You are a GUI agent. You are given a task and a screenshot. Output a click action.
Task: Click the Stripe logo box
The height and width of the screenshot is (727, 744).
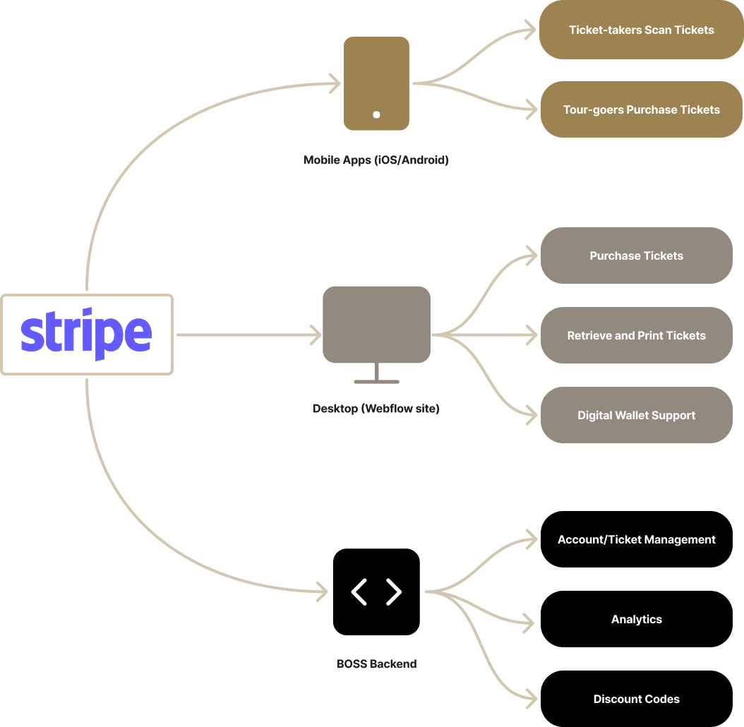click(x=87, y=335)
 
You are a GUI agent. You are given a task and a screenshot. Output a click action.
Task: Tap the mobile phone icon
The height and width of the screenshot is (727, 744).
click(x=376, y=83)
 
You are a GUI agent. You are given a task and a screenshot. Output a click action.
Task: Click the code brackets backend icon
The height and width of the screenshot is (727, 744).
click(x=376, y=591)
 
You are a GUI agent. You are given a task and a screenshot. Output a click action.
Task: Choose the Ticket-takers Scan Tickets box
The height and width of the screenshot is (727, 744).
click(x=641, y=30)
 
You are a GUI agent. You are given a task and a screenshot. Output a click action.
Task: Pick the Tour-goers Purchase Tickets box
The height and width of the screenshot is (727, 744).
click(x=641, y=109)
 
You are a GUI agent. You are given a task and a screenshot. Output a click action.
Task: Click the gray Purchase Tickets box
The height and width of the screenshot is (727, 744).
click(x=636, y=256)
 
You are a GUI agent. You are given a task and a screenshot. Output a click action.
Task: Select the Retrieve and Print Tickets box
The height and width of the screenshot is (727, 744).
click(x=636, y=335)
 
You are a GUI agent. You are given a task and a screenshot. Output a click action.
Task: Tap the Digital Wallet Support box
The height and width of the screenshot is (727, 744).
click(x=636, y=415)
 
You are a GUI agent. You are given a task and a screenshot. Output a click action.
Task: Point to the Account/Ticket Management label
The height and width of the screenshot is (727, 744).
click(x=636, y=539)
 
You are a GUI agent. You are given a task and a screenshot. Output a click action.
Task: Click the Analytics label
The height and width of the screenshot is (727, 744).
click(x=636, y=619)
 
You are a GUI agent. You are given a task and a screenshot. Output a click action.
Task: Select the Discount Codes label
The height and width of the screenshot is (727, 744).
click(x=636, y=699)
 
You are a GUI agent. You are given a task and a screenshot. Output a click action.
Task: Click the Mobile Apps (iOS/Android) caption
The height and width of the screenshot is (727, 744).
click(x=376, y=160)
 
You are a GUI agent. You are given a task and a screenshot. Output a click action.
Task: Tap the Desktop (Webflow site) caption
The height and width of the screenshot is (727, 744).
click(x=376, y=409)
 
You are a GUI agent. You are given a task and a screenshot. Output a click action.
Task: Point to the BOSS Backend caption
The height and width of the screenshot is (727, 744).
click(x=376, y=663)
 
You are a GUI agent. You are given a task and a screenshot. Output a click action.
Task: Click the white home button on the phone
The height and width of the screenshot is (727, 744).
click(x=376, y=114)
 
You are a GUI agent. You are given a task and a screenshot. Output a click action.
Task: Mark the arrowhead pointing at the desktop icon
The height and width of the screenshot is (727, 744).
click(x=316, y=335)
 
